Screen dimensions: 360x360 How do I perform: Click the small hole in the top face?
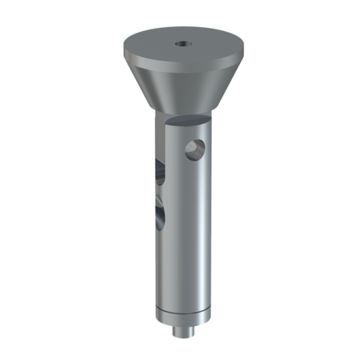(x=180, y=44)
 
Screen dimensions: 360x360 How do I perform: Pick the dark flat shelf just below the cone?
(x=186, y=122)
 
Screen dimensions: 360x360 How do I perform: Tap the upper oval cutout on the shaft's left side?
(x=158, y=169)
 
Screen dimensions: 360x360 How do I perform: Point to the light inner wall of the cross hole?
(x=201, y=147)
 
